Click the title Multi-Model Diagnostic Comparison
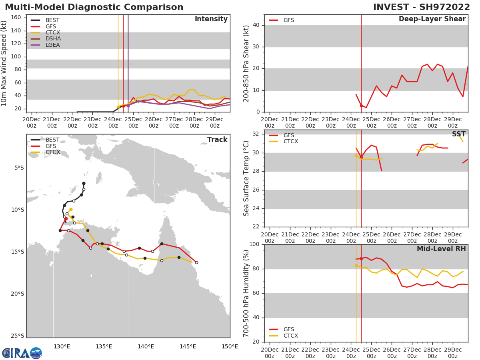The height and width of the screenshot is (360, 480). (x=94, y=7)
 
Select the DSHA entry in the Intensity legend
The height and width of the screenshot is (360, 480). (x=53, y=39)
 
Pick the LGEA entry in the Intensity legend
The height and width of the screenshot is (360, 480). (x=53, y=45)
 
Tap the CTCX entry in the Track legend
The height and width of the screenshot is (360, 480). (x=53, y=152)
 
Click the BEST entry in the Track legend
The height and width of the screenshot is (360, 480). (x=53, y=140)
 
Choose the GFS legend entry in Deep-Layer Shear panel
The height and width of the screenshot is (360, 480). (x=288, y=20)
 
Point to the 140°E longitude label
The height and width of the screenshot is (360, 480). (x=146, y=346)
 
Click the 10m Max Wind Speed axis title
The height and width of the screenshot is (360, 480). (x=4, y=63)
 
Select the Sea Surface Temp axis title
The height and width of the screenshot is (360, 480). (x=246, y=178)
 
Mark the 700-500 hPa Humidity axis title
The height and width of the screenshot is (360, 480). (x=246, y=293)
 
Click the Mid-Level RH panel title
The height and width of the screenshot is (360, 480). (x=441, y=249)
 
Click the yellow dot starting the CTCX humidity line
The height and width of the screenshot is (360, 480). (x=356, y=265)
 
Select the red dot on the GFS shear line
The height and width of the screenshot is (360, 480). (x=361, y=106)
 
